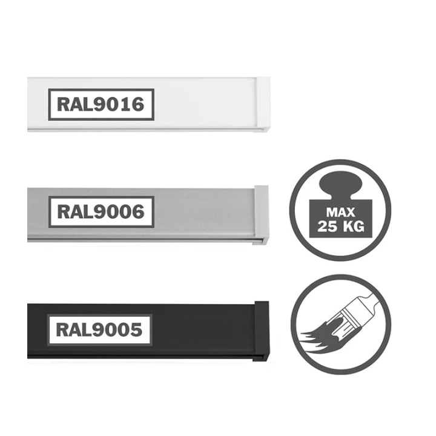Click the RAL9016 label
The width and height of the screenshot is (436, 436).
pyautogui.click(x=101, y=105)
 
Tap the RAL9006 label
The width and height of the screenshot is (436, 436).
pyautogui.click(x=101, y=212)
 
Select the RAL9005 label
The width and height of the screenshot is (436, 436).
pyautogui.click(x=99, y=330)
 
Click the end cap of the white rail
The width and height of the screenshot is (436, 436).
pyautogui.click(x=263, y=105)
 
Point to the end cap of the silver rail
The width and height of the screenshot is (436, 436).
pyautogui.click(x=261, y=215)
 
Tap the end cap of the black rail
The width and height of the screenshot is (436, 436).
pyautogui.click(x=262, y=331)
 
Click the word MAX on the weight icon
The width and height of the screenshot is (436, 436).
pyautogui.click(x=340, y=213)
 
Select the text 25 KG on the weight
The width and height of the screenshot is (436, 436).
pyautogui.click(x=340, y=226)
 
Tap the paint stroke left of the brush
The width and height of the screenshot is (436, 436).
pyautogui.click(x=320, y=337)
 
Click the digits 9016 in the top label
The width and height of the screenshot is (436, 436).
pyautogui.click(x=119, y=105)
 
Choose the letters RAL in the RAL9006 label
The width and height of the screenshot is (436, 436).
pyautogui.click(x=75, y=212)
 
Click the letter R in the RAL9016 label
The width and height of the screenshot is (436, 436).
pyautogui.click(x=63, y=105)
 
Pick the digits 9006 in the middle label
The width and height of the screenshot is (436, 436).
pyautogui.click(x=119, y=212)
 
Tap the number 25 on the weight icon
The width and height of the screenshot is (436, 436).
pyautogui.click(x=328, y=226)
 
